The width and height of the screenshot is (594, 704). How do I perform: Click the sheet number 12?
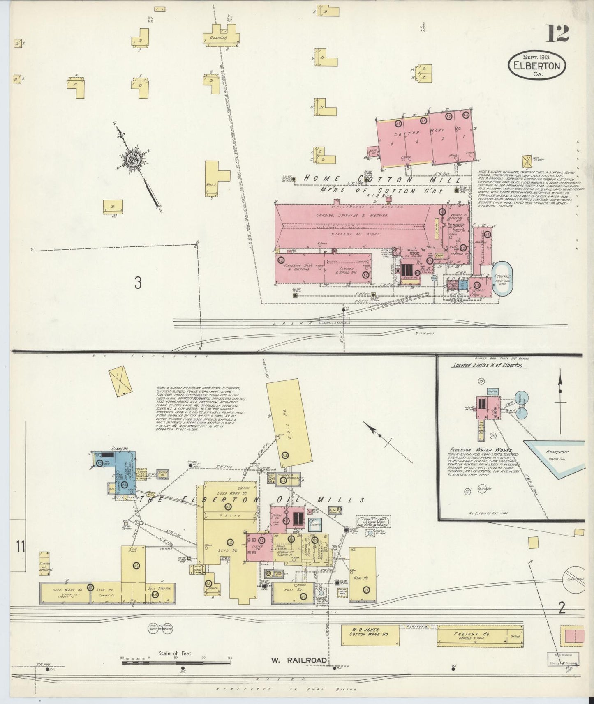pyautogui.click(x=557, y=34)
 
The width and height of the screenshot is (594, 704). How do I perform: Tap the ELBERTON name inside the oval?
pyautogui.click(x=536, y=66)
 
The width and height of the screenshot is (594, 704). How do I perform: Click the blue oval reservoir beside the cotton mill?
pyautogui.click(x=503, y=278)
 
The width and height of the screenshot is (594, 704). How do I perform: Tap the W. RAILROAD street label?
pyautogui.click(x=298, y=660)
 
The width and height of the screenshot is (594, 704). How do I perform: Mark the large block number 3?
pyautogui.click(x=138, y=283)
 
